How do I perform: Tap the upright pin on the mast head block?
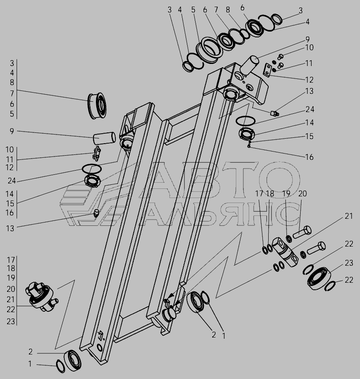pyautogui.click(x=249, y=65)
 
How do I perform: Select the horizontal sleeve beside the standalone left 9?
pyautogui.click(x=105, y=138)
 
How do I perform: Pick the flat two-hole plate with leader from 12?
pyautogui.click(x=267, y=70)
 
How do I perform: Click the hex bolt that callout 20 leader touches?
pyautogui.click(x=302, y=232)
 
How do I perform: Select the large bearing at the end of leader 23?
pyautogui.click(x=318, y=278)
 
